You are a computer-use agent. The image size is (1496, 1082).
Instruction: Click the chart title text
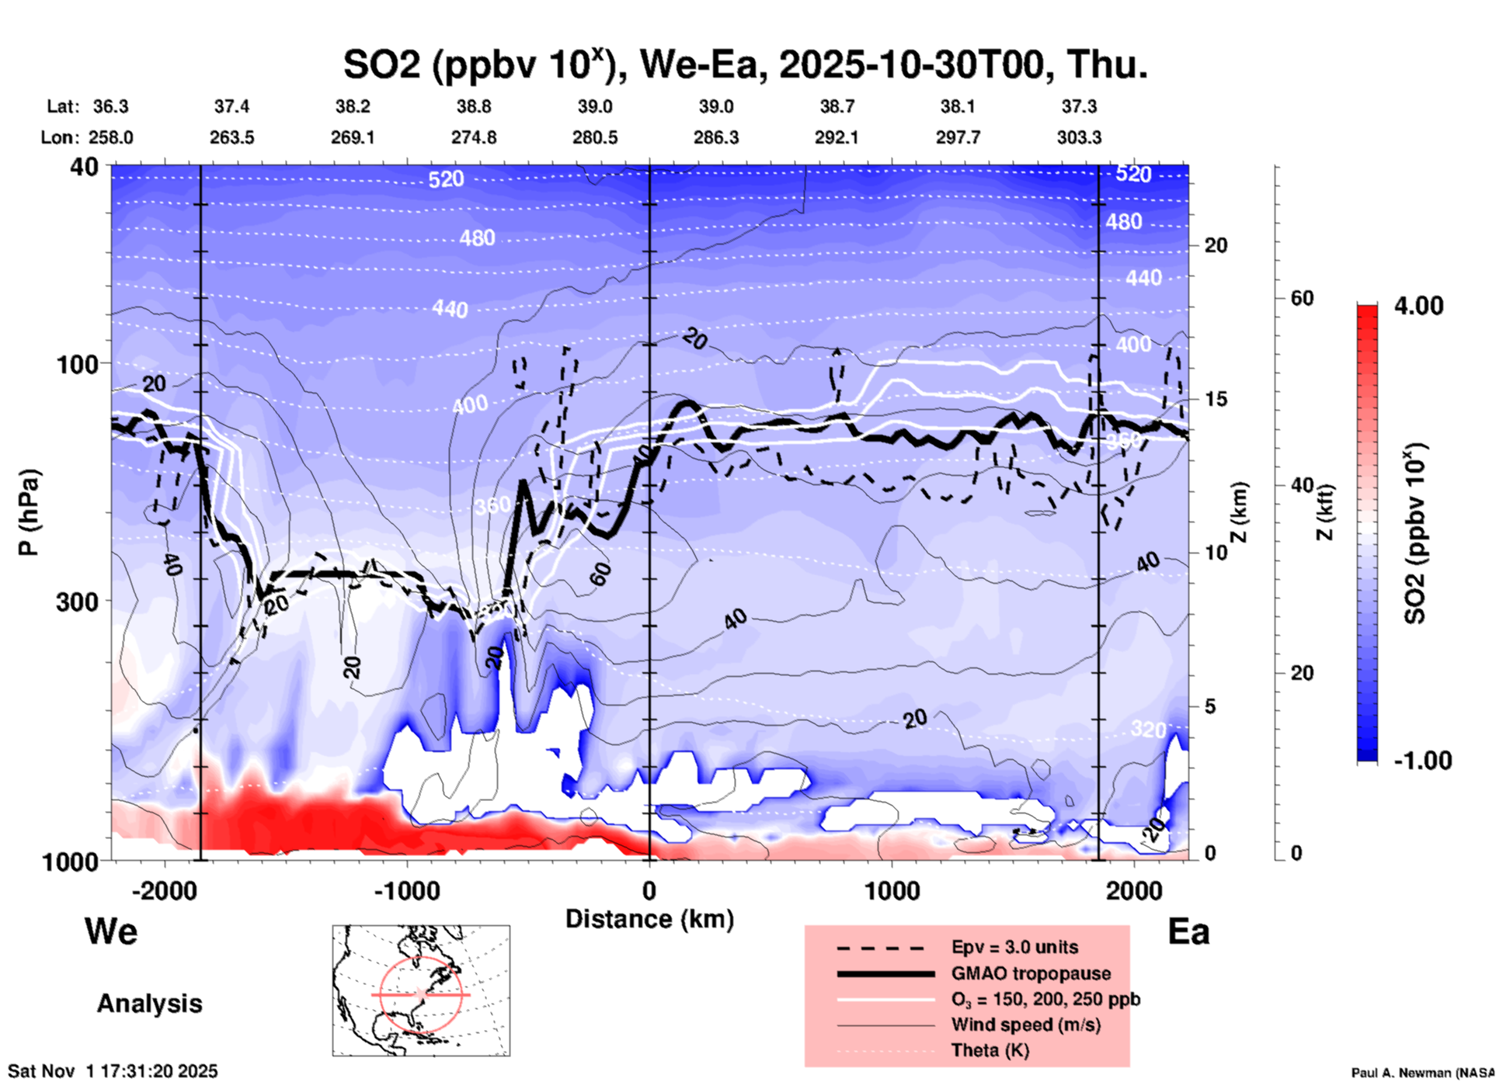(x=745, y=65)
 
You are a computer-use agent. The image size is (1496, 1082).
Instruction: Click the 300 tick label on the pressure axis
(x=78, y=602)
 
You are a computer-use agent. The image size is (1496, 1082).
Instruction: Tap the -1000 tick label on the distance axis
(x=406, y=890)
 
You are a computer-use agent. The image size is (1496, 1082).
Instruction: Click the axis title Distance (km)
(x=649, y=919)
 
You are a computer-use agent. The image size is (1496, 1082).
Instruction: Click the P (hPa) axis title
(x=29, y=512)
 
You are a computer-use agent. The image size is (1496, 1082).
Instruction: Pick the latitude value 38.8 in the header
(x=473, y=106)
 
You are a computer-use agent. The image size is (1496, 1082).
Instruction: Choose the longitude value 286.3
(x=715, y=137)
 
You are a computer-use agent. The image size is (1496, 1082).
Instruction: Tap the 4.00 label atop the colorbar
(x=1418, y=306)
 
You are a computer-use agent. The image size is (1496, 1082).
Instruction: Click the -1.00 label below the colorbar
(x=1422, y=761)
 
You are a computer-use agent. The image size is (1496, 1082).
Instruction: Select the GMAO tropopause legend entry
(x=1031, y=973)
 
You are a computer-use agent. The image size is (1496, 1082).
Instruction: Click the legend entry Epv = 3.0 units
(x=1014, y=947)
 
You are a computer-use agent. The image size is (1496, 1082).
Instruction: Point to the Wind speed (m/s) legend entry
(x=1025, y=1025)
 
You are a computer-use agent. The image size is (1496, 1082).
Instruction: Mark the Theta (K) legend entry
(x=990, y=1050)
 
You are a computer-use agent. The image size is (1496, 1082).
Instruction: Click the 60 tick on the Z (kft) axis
(x=1302, y=298)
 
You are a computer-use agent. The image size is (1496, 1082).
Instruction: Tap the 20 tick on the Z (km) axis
(x=1216, y=245)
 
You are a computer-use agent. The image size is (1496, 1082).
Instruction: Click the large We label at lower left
(x=111, y=931)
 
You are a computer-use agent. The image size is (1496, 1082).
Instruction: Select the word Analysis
(x=149, y=1004)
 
